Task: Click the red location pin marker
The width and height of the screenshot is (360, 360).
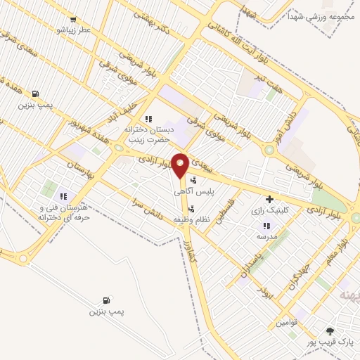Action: point(180,165)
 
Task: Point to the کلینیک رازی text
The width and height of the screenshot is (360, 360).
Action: point(269,210)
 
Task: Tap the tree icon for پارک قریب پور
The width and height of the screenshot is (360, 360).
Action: point(330,330)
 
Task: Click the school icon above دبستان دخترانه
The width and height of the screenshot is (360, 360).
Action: point(148,119)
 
